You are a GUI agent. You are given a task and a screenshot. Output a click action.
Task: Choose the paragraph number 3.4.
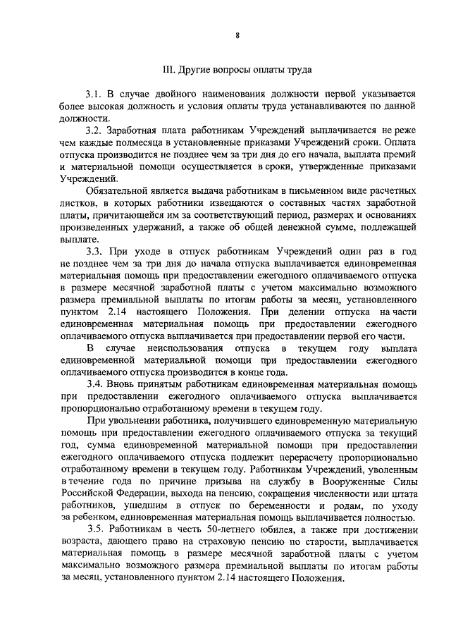[x=94, y=384]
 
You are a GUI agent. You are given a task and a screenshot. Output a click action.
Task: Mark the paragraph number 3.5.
[x=97, y=529]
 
